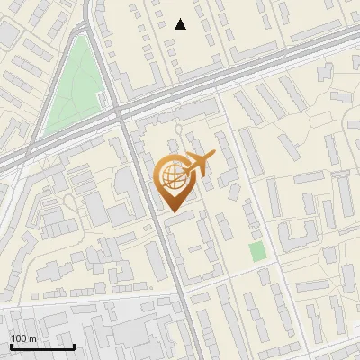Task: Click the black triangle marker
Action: pos(181,24)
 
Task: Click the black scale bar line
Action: pos(42,346)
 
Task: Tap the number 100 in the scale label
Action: pos(18,338)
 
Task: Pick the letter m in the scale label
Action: pos(31,338)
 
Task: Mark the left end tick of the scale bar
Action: pos(11,346)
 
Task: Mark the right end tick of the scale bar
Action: pos(74,346)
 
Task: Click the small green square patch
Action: pos(258,251)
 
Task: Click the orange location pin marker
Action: pos(173,180)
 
